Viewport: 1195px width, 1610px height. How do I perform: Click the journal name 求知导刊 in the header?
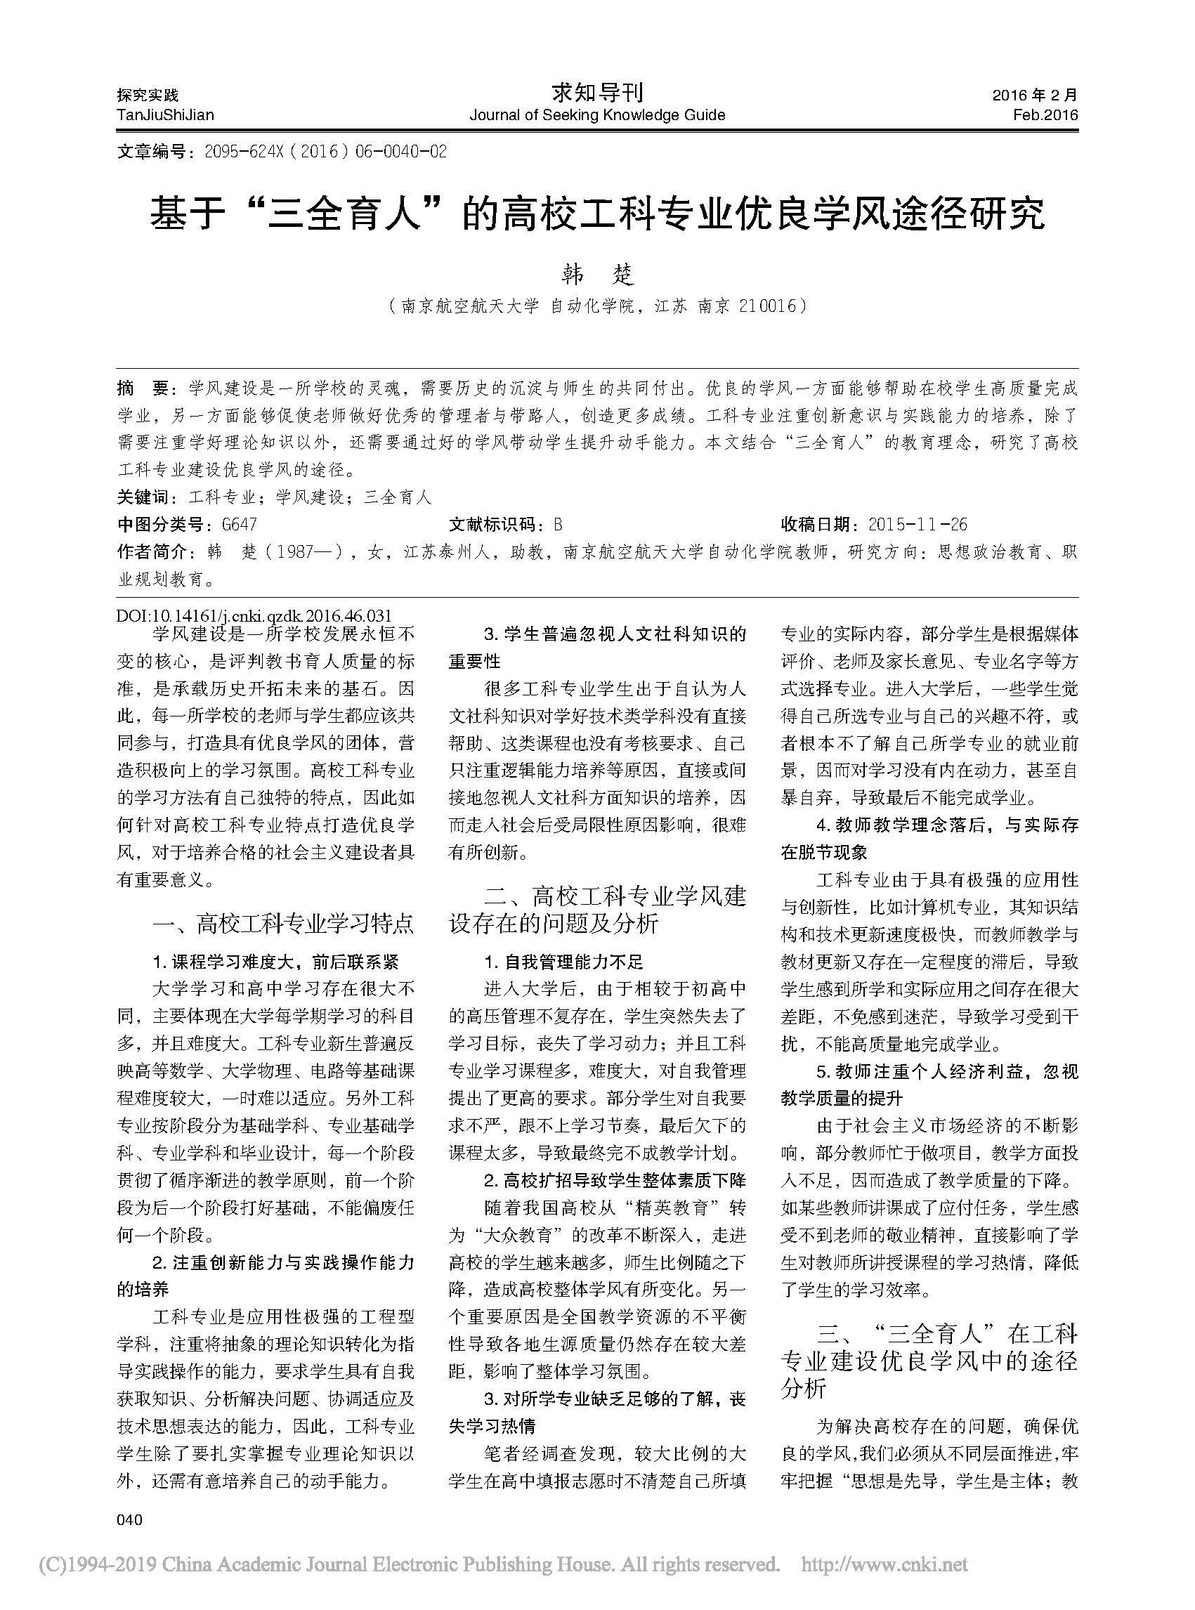point(596,93)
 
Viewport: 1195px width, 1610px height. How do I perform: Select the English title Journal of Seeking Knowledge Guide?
point(596,115)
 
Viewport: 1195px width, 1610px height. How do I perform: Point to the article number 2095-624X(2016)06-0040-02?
point(325,152)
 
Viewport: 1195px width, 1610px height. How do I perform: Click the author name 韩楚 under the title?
point(597,275)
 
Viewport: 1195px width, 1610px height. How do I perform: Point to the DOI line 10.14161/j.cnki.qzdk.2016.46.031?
point(254,616)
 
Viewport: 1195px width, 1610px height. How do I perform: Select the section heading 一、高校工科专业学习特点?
point(284,924)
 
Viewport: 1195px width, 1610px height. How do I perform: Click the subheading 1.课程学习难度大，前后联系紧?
point(275,962)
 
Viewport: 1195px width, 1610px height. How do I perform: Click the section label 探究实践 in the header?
point(148,95)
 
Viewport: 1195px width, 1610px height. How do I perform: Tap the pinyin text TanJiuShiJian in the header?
point(166,115)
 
